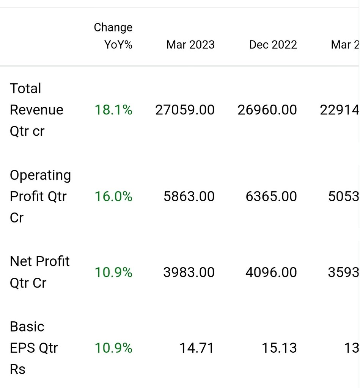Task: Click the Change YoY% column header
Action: tap(113, 36)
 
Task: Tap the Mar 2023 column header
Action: tap(190, 45)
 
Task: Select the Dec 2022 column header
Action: tap(273, 45)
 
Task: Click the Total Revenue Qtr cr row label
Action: tap(36, 110)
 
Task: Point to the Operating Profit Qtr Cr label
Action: tap(40, 196)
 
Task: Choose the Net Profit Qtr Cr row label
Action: tap(39, 272)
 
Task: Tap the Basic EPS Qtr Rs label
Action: tap(34, 348)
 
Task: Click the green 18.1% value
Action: tap(113, 110)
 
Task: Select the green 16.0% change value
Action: tap(113, 196)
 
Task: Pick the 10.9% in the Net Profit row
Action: tap(113, 272)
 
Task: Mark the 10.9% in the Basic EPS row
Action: tap(113, 348)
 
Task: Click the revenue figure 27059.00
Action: tap(185, 110)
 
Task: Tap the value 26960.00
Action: tap(267, 110)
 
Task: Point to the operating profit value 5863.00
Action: tap(189, 196)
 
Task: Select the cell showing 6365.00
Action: tap(271, 196)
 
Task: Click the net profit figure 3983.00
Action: tap(189, 272)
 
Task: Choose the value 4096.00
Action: tap(271, 272)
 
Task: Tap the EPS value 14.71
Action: tap(197, 348)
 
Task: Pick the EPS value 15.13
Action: tap(279, 348)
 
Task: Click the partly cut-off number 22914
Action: tap(340, 110)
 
